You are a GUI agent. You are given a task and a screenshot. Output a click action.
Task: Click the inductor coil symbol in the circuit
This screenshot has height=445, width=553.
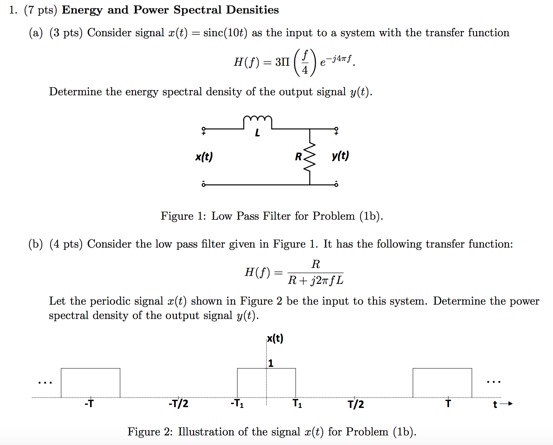point(257,120)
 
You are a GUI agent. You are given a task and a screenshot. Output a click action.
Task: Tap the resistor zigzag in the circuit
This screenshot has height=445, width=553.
point(310,156)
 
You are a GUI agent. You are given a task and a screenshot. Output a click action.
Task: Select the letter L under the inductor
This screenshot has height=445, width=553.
point(257,133)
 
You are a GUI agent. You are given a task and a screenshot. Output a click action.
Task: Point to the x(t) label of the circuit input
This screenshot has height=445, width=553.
point(204,157)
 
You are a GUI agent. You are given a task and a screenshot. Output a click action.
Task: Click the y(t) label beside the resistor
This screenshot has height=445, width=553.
point(340,156)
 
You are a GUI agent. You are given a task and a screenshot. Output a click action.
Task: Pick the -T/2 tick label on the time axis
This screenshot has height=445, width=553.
point(178,404)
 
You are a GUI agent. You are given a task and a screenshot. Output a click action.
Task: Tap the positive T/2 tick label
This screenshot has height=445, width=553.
point(356,404)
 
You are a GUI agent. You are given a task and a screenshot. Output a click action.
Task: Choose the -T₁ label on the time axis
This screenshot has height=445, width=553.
point(237,404)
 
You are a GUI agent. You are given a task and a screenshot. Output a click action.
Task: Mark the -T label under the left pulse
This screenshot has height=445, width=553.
point(89,404)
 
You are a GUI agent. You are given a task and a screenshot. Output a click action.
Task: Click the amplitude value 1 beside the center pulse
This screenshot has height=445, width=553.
point(271,363)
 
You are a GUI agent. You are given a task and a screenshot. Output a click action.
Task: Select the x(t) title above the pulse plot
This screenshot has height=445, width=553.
point(275,339)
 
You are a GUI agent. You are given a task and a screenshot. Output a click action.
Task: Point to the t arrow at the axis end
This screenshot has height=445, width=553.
point(503,404)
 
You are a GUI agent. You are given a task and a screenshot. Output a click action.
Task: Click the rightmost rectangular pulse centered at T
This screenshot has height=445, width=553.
point(442,383)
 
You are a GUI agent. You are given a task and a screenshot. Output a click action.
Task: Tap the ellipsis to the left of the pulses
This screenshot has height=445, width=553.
point(45,383)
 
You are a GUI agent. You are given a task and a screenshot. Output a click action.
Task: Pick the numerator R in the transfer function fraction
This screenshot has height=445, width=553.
point(316,264)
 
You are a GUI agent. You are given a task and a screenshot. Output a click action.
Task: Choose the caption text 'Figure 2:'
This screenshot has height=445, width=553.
point(150,432)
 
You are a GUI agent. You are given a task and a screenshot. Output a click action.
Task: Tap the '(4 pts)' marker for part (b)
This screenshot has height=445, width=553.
point(66,244)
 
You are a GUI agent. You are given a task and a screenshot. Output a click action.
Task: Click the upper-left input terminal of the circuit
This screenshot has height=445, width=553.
point(204,129)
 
